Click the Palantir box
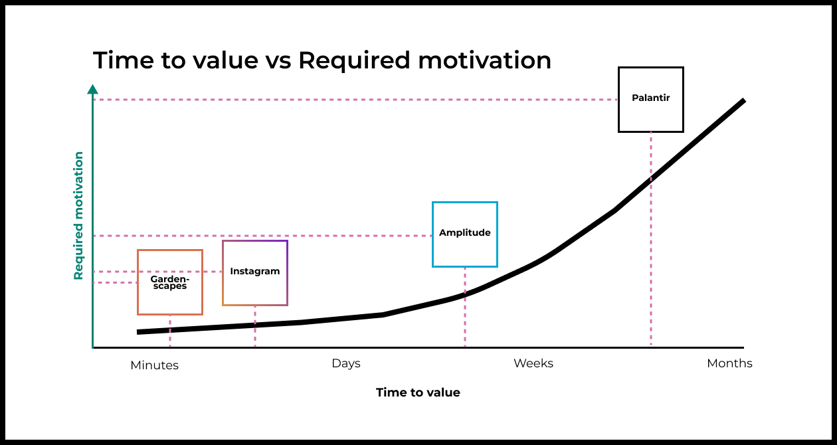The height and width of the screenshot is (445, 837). pyautogui.click(x=650, y=99)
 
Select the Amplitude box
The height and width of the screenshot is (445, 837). pyautogui.click(x=464, y=234)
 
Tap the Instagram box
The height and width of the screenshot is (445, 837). pyautogui.click(x=254, y=272)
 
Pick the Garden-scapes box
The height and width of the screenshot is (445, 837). pyautogui.click(x=169, y=282)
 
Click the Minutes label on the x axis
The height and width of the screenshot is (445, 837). pyautogui.click(x=154, y=365)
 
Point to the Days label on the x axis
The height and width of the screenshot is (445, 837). pyautogui.click(x=345, y=363)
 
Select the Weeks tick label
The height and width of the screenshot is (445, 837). pyautogui.click(x=533, y=363)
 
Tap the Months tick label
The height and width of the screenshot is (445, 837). pyautogui.click(x=729, y=363)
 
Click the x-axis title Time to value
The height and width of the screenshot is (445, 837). pyautogui.click(x=418, y=393)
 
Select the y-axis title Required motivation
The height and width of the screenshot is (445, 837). pyautogui.click(x=78, y=216)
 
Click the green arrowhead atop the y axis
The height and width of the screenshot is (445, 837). pyautogui.click(x=93, y=89)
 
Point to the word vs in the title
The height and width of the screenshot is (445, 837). pyautogui.click(x=278, y=61)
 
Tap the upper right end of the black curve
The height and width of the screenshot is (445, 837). pyautogui.click(x=743, y=101)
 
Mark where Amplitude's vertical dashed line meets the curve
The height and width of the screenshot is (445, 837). pyautogui.click(x=465, y=294)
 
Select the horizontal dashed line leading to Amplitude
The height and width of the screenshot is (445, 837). pyautogui.click(x=266, y=236)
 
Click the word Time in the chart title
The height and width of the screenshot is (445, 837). pyautogui.click(x=118, y=60)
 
